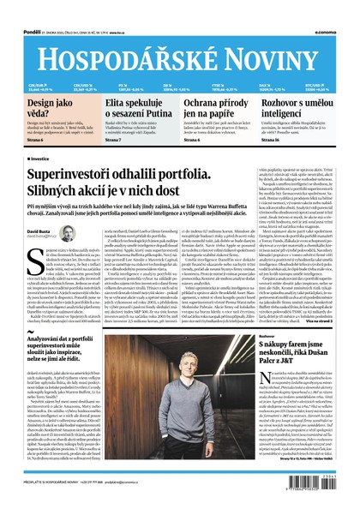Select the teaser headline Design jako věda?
(x=37, y=108)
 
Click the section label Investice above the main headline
(x=39, y=159)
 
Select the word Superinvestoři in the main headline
(x=81, y=173)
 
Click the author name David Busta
(x=39, y=231)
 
